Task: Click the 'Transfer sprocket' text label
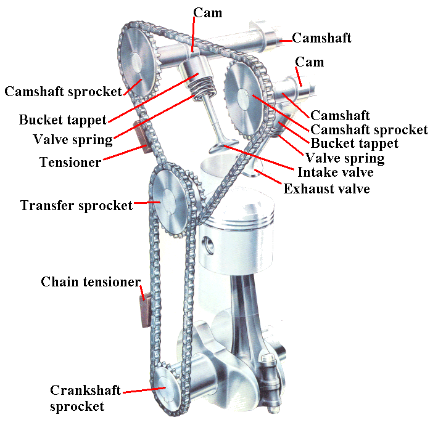point(76,205)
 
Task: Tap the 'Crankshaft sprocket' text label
point(86,398)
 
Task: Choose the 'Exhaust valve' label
point(326,188)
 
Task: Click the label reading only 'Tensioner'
point(70,162)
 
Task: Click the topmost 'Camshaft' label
point(321,38)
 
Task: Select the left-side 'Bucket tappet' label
point(62,119)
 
